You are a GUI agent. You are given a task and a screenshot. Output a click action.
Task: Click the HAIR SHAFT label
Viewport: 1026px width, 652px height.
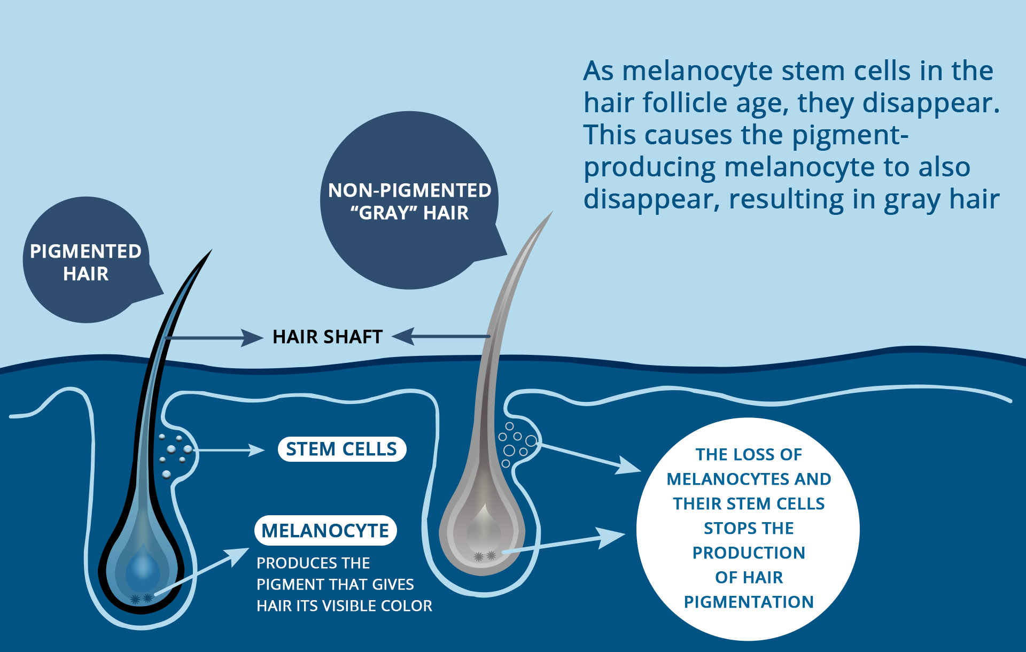tap(328, 337)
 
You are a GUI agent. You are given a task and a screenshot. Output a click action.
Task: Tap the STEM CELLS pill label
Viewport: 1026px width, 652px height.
tap(341, 449)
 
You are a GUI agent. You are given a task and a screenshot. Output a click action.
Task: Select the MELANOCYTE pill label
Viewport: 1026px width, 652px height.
tap(325, 531)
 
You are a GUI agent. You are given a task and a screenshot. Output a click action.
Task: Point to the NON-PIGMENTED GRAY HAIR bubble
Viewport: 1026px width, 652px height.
tap(409, 201)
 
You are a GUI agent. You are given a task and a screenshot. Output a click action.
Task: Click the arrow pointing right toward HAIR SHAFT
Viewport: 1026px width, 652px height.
tap(214, 338)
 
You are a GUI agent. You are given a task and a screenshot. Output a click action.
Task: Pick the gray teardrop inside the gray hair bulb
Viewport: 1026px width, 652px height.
tap(484, 526)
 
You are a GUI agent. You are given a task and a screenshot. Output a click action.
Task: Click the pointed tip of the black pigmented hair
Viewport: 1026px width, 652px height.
tap(211, 251)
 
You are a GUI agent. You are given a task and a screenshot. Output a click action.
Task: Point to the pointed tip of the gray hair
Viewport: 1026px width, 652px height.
tap(551, 213)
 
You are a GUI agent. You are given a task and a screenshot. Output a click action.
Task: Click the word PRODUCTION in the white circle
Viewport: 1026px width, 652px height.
tap(749, 553)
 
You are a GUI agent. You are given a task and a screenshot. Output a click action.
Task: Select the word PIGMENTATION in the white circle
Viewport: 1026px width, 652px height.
tap(749, 602)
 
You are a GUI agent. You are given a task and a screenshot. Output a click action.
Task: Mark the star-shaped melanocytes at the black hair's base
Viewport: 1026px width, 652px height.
tap(142, 599)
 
